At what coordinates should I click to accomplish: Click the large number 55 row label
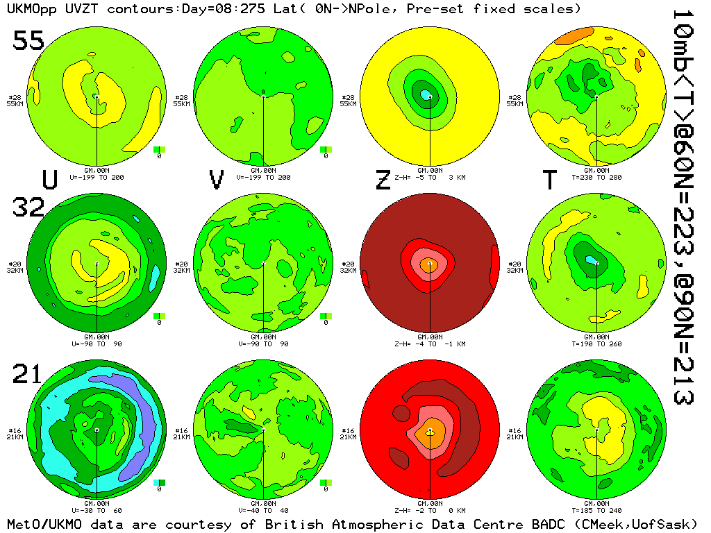[28, 42]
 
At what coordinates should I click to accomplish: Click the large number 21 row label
[28, 375]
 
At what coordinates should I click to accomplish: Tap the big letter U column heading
[49, 180]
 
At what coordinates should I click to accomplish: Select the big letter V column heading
[217, 180]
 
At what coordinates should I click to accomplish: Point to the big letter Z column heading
[383, 180]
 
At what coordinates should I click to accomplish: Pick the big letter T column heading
[549, 180]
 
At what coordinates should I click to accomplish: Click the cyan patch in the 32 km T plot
[592, 260]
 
